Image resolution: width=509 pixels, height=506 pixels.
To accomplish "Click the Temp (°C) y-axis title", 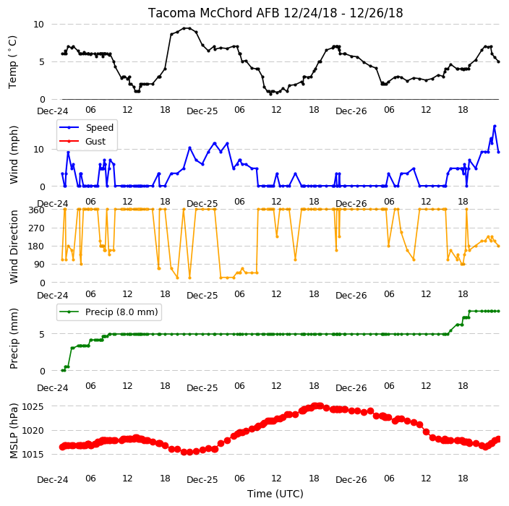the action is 12,62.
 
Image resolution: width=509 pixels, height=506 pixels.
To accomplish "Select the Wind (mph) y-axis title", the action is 14,155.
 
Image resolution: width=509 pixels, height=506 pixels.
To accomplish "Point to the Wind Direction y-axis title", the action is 14,246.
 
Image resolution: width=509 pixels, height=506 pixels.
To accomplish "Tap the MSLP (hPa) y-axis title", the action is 14,431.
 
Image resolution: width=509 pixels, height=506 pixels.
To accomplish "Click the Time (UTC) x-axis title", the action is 275,494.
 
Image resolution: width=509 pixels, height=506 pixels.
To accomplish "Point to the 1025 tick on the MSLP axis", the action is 33,407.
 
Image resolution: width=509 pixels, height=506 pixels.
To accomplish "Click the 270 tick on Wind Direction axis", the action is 36,228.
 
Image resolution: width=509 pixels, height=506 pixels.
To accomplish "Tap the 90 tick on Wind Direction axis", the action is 39,264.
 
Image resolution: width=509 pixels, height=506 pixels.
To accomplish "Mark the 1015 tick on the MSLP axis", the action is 33,455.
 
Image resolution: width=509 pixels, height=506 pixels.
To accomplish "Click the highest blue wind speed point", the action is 495,126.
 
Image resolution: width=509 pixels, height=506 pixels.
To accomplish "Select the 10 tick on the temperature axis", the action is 38,25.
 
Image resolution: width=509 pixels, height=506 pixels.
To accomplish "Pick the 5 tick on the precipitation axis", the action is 42,334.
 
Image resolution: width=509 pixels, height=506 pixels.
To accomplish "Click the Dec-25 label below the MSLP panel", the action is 202,480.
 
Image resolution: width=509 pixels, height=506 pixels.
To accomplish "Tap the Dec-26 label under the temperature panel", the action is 351,111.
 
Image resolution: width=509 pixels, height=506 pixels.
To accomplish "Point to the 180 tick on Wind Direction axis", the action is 36,246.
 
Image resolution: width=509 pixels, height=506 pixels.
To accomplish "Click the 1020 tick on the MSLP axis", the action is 33,430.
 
